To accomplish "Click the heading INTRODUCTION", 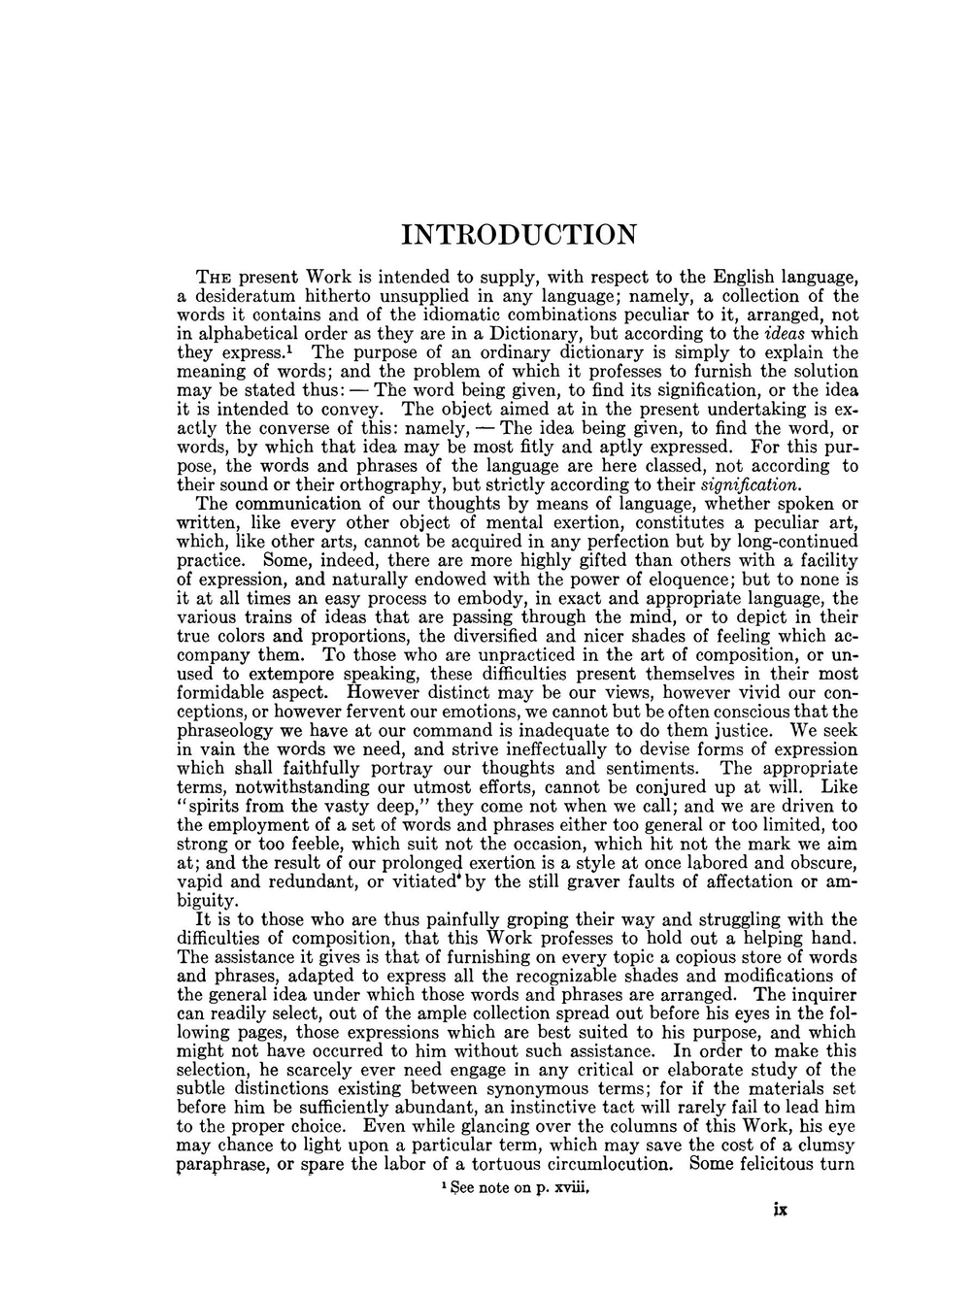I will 519,235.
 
